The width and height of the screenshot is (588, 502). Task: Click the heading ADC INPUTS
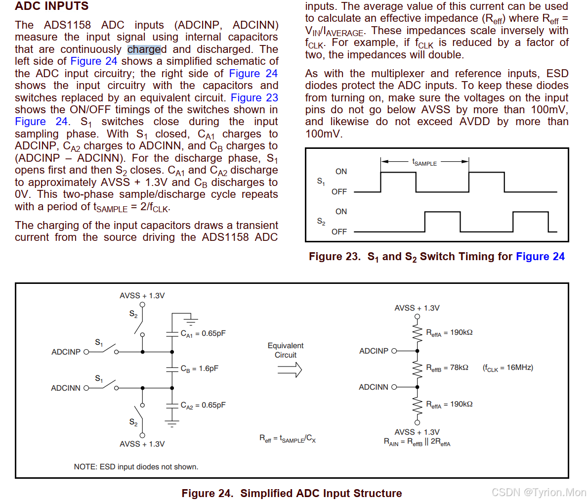point(52,6)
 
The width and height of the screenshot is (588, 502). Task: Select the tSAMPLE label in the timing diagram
point(424,162)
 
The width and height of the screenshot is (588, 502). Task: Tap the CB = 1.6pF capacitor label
point(199,369)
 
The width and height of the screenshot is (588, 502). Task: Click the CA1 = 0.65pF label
point(203,334)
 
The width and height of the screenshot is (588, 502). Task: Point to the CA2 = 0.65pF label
point(203,406)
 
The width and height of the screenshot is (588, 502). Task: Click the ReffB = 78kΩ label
point(447,368)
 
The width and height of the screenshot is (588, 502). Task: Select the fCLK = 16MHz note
point(508,368)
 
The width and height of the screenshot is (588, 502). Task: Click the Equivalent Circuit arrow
point(290,369)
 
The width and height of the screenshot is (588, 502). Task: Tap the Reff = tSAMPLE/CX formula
point(287,439)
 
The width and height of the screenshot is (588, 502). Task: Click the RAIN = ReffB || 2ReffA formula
point(417,442)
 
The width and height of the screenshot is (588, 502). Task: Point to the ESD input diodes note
point(136,467)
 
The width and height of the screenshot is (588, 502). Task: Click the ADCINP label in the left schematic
point(66,352)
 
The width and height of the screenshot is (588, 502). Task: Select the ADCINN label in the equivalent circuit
point(373,387)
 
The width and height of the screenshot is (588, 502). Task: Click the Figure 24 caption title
point(292,493)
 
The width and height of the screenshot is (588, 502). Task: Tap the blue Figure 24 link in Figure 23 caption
point(540,256)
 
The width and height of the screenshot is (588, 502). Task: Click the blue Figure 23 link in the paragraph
point(254,98)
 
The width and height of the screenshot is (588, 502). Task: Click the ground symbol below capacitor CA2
point(172,423)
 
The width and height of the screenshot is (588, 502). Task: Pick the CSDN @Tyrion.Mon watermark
point(539,492)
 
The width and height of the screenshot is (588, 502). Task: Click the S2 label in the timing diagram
point(321,222)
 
